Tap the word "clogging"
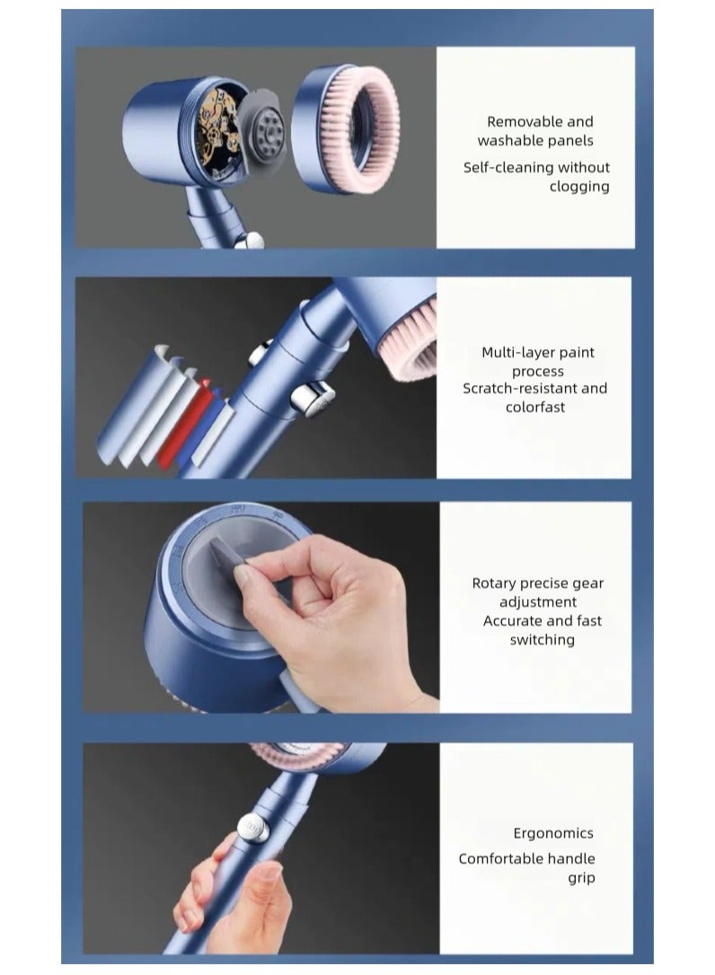[579, 187]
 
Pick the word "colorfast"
[535, 408]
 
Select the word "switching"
[542, 640]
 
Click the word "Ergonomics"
[553, 833]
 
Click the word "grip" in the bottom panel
[581, 878]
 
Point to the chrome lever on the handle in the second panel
[314, 397]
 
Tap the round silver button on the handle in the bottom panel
[253, 828]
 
